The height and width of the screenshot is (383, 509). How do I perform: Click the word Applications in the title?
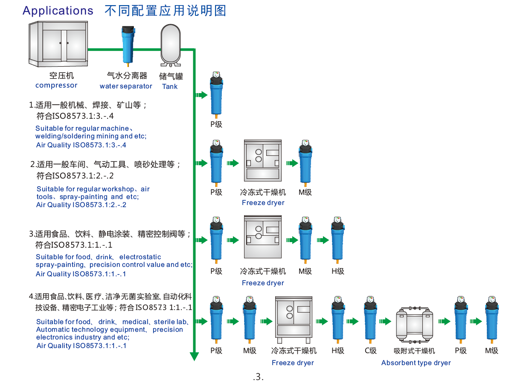click(x=58, y=11)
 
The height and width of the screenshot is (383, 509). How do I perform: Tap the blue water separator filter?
click(x=127, y=45)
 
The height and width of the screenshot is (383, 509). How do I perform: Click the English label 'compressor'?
click(x=56, y=85)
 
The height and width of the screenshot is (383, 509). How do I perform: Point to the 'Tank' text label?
click(x=170, y=87)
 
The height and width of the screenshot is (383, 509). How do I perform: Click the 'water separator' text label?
click(x=126, y=86)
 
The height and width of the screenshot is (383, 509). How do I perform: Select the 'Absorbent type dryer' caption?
click(x=416, y=363)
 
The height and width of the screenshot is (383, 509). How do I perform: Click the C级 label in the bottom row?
click(x=370, y=351)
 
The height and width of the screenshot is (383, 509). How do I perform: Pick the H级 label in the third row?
click(x=338, y=271)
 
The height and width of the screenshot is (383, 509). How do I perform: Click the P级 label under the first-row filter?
click(x=216, y=125)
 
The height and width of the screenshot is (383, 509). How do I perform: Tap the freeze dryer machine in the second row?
click(x=263, y=160)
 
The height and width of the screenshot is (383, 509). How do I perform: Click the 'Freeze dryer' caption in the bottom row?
click(x=293, y=363)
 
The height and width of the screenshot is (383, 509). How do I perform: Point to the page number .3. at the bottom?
click(x=258, y=377)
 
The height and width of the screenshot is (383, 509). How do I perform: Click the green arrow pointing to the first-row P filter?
click(x=201, y=95)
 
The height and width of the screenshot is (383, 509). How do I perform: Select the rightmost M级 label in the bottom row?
click(x=492, y=351)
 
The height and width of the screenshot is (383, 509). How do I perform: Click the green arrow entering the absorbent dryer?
click(x=385, y=322)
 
